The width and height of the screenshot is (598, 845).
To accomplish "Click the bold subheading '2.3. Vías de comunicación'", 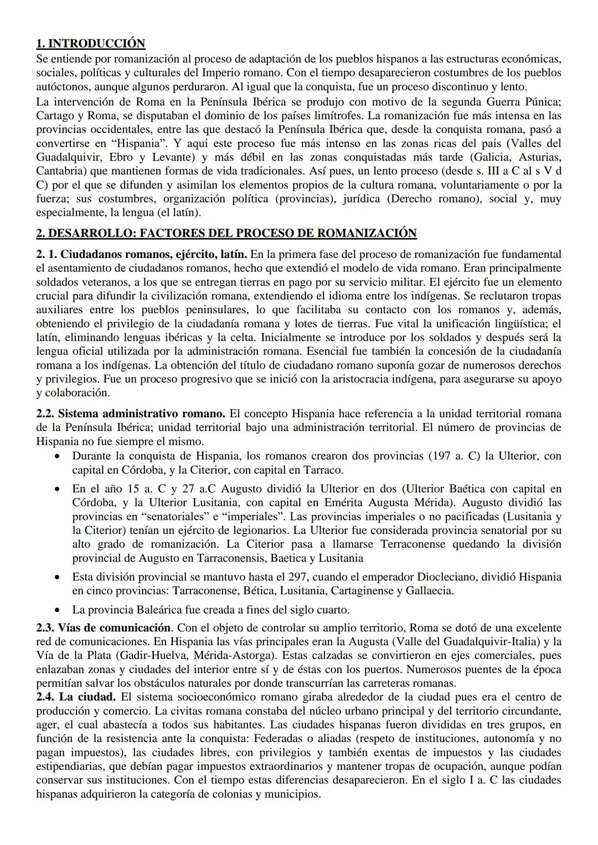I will tap(104, 628).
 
